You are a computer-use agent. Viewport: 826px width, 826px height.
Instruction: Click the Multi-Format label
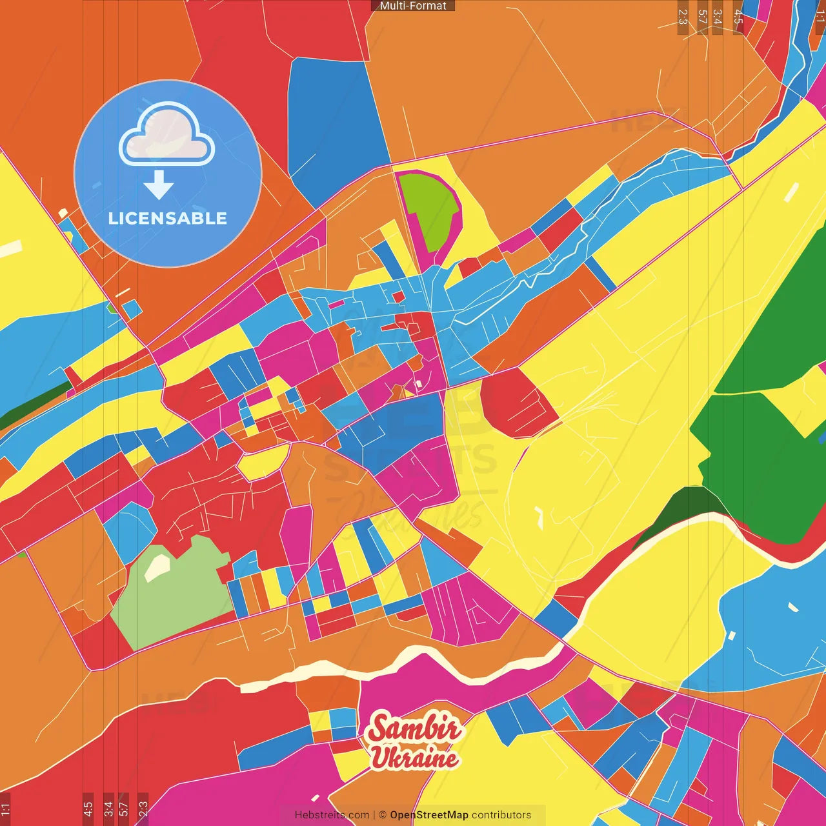point(413,6)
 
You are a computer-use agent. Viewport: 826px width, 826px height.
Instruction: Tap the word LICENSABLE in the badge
point(168,218)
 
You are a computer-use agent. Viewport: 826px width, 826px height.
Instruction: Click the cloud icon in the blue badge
point(167,134)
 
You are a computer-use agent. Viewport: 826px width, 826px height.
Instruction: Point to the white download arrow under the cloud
point(159,185)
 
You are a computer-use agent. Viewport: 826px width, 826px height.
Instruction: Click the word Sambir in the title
point(414,729)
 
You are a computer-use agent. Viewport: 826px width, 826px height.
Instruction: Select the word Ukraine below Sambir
point(414,758)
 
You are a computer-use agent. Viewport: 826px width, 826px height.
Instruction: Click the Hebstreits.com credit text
point(332,815)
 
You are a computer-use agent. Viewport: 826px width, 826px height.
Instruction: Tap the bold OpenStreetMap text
point(429,815)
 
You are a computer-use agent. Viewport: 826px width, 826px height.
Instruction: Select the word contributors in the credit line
point(501,815)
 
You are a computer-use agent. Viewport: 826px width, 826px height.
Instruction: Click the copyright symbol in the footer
point(382,815)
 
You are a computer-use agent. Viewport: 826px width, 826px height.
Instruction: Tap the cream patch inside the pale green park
point(157,567)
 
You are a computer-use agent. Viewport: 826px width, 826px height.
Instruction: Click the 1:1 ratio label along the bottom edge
point(5,809)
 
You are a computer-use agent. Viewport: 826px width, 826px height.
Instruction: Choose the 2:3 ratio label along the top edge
point(682,17)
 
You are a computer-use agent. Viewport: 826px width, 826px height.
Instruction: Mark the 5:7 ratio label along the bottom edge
point(124,809)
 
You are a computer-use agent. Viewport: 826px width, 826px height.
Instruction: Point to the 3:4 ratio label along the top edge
point(717,17)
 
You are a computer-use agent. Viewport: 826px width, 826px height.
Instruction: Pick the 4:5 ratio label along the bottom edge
point(88,809)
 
